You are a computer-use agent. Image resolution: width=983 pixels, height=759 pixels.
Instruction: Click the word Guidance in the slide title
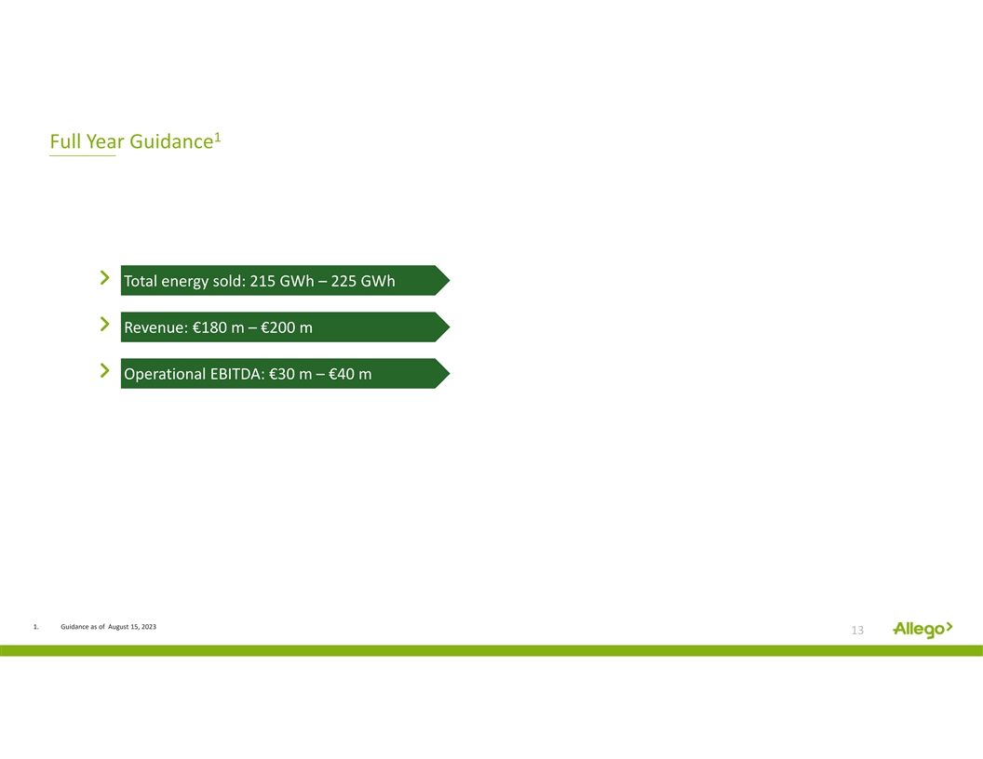click(x=171, y=141)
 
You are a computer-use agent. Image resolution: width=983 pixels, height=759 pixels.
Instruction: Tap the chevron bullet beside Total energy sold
click(x=104, y=277)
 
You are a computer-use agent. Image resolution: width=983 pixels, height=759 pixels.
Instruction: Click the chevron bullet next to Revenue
click(x=104, y=324)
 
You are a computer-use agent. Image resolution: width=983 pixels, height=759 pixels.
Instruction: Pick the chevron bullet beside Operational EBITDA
click(x=104, y=371)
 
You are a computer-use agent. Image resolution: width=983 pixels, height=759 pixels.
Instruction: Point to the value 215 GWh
click(x=282, y=281)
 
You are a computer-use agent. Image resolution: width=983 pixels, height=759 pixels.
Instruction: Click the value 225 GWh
click(x=363, y=281)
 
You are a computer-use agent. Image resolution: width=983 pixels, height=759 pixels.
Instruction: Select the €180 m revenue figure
click(x=218, y=327)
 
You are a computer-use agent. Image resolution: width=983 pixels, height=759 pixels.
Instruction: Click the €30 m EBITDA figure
click(x=290, y=374)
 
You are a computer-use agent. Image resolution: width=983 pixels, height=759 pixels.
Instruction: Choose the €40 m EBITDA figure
click(x=350, y=374)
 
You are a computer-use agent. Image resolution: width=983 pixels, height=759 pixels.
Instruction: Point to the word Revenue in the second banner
click(x=156, y=327)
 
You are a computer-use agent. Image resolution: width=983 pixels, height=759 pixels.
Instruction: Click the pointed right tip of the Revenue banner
click(x=450, y=326)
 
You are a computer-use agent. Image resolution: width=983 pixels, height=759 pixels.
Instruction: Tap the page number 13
click(x=857, y=630)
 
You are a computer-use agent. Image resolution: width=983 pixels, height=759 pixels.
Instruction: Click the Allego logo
click(x=922, y=629)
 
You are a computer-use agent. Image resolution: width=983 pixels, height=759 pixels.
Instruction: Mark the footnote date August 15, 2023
click(x=132, y=626)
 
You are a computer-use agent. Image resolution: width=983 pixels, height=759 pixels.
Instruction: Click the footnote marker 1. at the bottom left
click(x=35, y=626)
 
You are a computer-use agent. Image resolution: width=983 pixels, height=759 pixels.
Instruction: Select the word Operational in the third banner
click(x=165, y=375)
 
